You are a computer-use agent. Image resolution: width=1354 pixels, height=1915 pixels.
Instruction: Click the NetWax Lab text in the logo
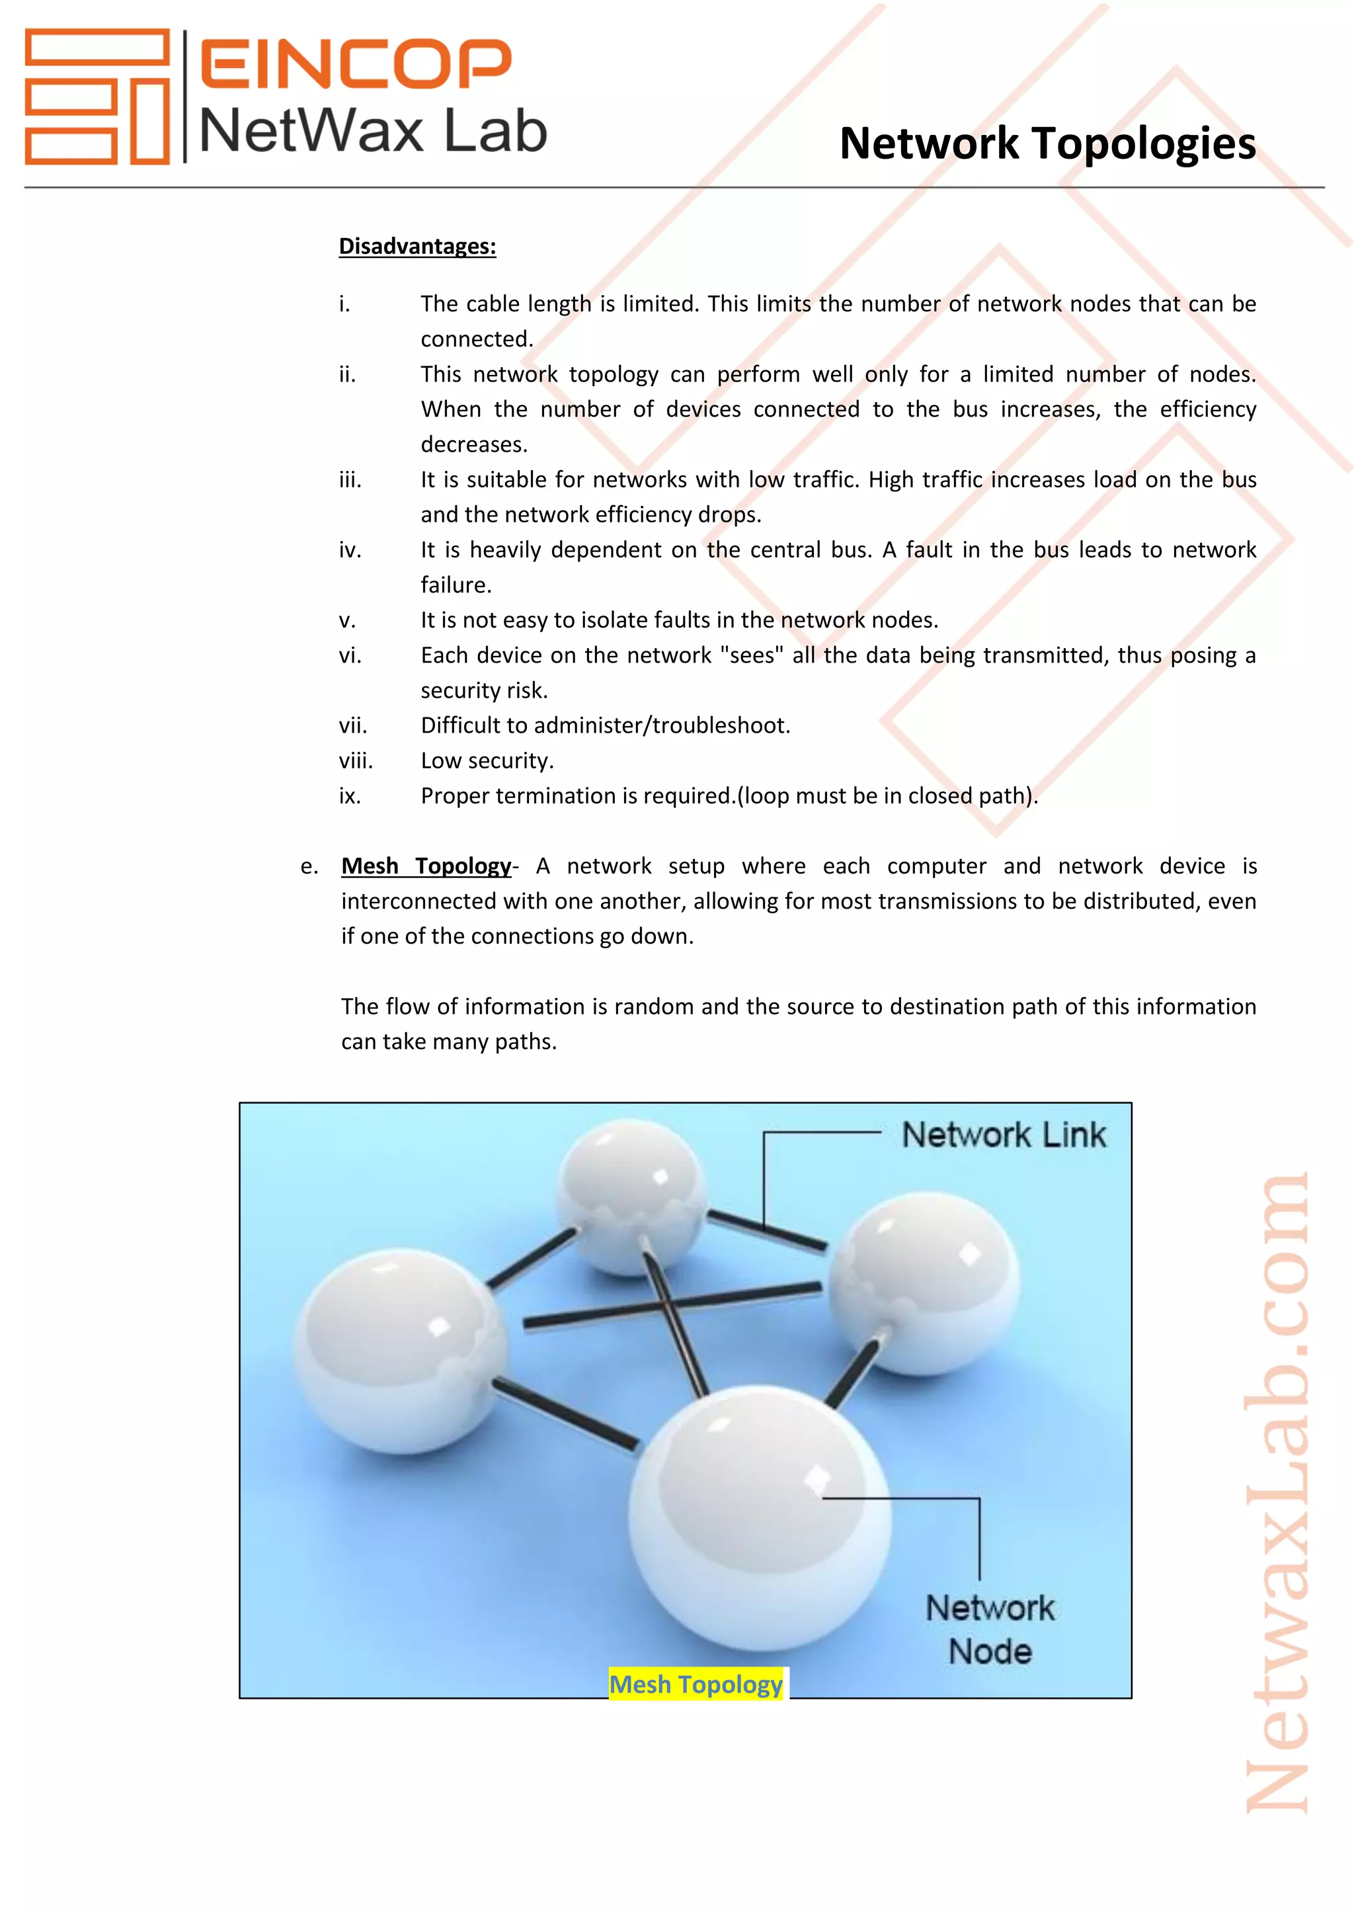click(373, 132)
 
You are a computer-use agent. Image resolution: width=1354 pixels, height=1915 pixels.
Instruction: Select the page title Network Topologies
click(1047, 143)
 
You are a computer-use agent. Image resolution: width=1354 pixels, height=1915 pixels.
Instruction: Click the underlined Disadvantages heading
click(417, 246)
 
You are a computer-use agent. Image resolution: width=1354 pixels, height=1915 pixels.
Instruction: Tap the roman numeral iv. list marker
click(349, 550)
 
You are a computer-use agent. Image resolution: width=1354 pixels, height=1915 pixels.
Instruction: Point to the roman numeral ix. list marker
click(349, 795)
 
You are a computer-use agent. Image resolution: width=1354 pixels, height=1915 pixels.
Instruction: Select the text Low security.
click(487, 760)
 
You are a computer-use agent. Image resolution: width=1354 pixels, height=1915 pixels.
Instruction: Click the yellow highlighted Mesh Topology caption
click(696, 1684)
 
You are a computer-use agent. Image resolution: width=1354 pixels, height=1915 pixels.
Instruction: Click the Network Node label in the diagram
click(990, 1629)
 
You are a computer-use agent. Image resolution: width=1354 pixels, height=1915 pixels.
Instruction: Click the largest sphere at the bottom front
click(759, 1518)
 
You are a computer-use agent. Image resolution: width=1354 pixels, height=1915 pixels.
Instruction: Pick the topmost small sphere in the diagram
click(629, 1197)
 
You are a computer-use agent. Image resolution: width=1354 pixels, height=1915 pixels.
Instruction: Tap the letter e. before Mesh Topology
click(309, 867)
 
